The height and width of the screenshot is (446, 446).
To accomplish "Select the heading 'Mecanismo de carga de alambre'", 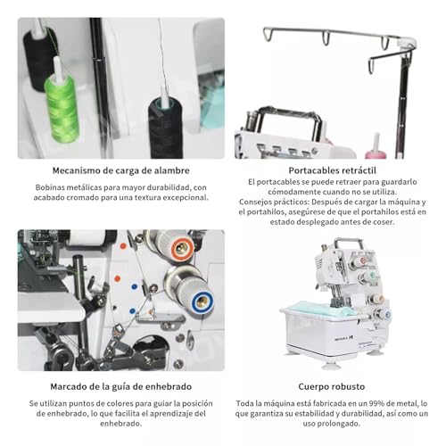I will [120, 169].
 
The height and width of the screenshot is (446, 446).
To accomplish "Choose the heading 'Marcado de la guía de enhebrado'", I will [120, 388].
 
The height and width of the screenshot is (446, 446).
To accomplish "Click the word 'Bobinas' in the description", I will [53, 187].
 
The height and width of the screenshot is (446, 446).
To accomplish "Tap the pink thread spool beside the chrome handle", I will [376, 143].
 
